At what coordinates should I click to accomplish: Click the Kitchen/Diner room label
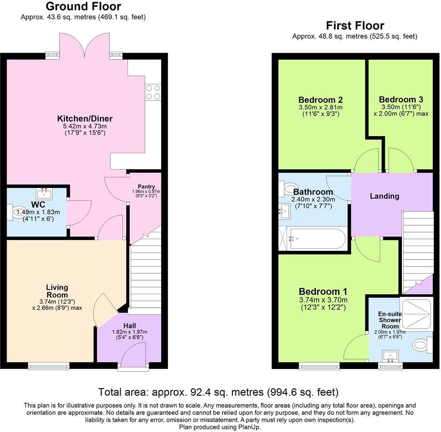pos(85,118)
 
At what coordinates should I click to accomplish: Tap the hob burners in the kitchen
pos(153,92)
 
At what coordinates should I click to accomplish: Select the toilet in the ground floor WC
pos(19,212)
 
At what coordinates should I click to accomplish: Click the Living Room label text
pos(57,291)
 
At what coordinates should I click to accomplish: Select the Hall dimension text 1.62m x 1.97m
pos(130,332)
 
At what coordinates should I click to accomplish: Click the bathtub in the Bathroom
pos(317,239)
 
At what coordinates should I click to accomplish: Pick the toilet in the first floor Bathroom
pos(291,189)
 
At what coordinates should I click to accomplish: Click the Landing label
pos(384,196)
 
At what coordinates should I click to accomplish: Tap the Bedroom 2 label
pos(320,100)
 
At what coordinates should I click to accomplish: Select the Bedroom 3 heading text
pos(401,99)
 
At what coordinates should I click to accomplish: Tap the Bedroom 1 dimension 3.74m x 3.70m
pos(323,300)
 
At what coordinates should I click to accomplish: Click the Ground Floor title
pos(83,7)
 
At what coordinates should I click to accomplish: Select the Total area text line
pos(218,391)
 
